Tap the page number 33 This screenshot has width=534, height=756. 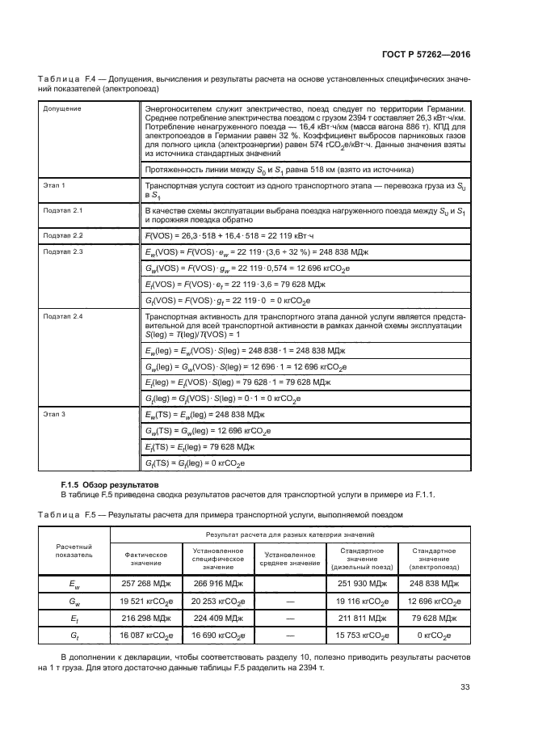[x=465, y=687]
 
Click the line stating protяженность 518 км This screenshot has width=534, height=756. [x=279, y=170]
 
